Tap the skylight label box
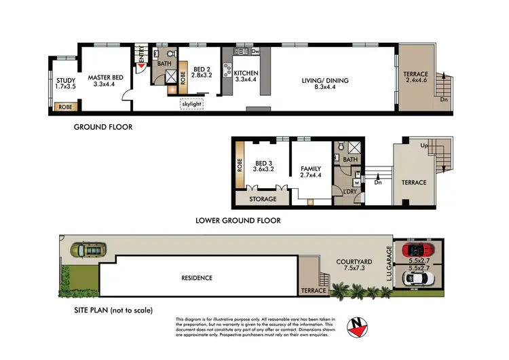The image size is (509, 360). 191,104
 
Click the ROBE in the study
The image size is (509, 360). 66,107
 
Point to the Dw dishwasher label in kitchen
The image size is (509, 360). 255,51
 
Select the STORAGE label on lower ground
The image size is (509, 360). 264,199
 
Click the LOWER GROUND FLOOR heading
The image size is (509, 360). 238,221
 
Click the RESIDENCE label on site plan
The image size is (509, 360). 196,278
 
